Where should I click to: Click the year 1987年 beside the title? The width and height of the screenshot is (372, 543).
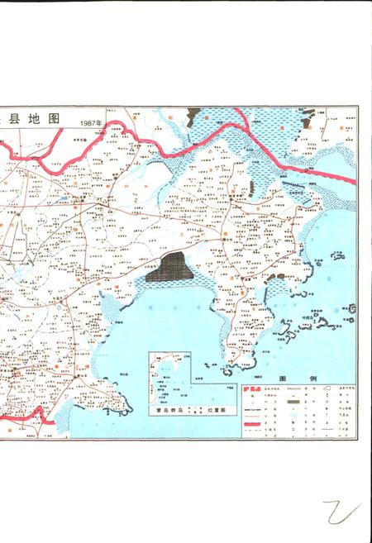(91, 123)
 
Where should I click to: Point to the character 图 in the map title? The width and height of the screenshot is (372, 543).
(55, 119)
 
